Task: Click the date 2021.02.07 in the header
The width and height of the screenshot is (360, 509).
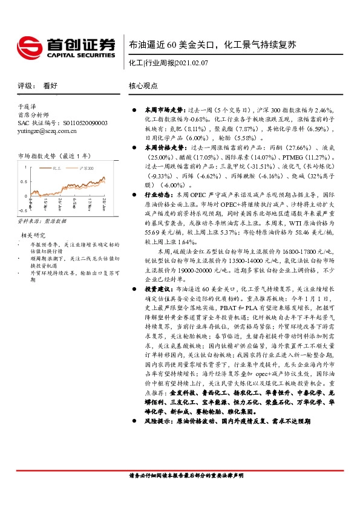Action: pyautogui.click(x=193, y=62)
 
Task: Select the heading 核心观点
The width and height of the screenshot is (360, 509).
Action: pyautogui.click(x=143, y=86)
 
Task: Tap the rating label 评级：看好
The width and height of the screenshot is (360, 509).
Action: pyautogui.click(x=38, y=86)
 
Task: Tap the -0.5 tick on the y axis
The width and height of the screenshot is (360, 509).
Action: pyautogui.click(x=22, y=210)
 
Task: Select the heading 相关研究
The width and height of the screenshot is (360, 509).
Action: pyautogui.click(x=33, y=235)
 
